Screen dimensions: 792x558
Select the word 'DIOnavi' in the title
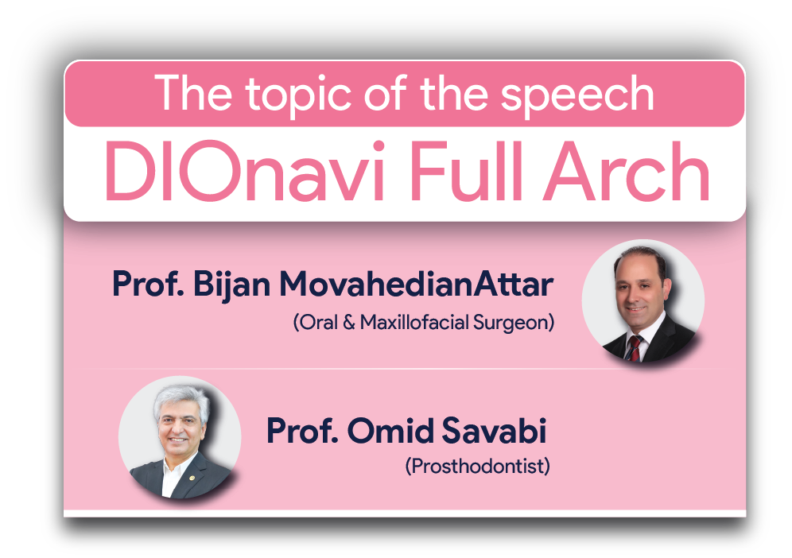246,171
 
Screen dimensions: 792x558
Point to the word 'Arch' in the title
627,171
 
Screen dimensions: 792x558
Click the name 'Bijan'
232,284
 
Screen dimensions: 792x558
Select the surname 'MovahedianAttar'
417,284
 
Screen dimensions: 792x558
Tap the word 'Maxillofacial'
415,322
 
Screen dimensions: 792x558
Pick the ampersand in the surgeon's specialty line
349,322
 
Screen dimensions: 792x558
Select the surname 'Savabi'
495,431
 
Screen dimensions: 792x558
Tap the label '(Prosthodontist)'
477,466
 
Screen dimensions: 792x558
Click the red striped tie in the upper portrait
633,348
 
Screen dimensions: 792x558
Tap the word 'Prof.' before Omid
302,431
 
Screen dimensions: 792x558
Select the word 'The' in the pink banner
193,93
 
